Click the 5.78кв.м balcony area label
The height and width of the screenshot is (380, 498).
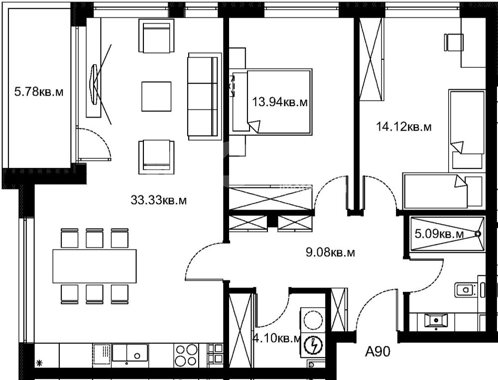tap(39, 92)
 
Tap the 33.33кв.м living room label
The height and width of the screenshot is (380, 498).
tap(158, 200)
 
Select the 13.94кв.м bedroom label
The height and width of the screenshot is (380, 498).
tap(280, 102)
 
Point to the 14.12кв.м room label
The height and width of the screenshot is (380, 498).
tap(404, 127)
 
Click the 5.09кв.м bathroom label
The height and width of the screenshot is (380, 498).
tap(439, 234)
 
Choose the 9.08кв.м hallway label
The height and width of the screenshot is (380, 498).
tap(330, 253)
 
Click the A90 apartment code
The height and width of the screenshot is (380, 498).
tap(377, 352)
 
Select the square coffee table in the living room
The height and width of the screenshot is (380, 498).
tap(156, 97)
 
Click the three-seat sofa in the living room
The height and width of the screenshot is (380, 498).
tap(205, 97)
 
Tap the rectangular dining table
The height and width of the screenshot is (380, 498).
tap(95, 266)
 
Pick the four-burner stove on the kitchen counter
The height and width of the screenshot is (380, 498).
tap(186, 355)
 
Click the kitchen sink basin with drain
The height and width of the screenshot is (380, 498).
tap(130, 353)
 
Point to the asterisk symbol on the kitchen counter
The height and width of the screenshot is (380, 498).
tap(40, 363)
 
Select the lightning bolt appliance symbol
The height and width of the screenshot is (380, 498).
tap(313, 345)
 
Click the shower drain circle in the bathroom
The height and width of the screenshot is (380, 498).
tap(477, 234)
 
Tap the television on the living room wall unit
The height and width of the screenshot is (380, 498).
tap(94, 84)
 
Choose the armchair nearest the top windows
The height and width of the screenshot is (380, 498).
tap(156, 35)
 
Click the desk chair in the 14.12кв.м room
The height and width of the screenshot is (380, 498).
tap(454, 42)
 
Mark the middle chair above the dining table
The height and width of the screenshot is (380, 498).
tap(94, 238)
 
